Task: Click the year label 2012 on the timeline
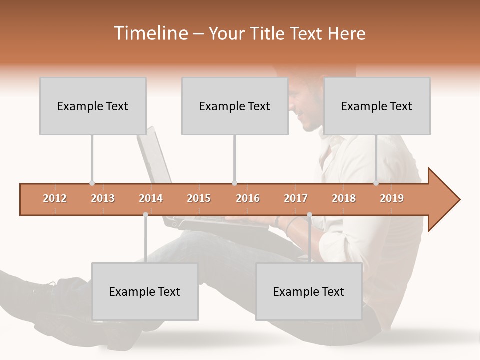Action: (x=55, y=198)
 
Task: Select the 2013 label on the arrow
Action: (x=103, y=198)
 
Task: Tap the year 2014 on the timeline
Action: (x=151, y=198)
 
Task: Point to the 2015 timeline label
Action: (x=199, y=198)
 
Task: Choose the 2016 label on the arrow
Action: (x=248, y=198)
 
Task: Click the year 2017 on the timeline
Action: (x=296, y=198)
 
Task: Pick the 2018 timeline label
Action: (x=344, y=198)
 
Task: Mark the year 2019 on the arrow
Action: (x=392, y=198)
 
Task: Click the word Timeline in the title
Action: (x=150, y=33)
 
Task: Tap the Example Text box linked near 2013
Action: (x=93, y=106)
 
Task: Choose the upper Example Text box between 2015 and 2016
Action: (x=235, y=106)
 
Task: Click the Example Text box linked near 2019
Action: (x=377, y=106)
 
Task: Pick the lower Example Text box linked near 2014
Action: (x=145, y=292)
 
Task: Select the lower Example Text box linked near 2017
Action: (x=309, y=292)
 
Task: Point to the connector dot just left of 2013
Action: (x=92, y=183)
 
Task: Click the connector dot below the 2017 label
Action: (x=309, y=215)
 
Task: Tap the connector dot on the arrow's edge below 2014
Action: (x=145, y=215)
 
